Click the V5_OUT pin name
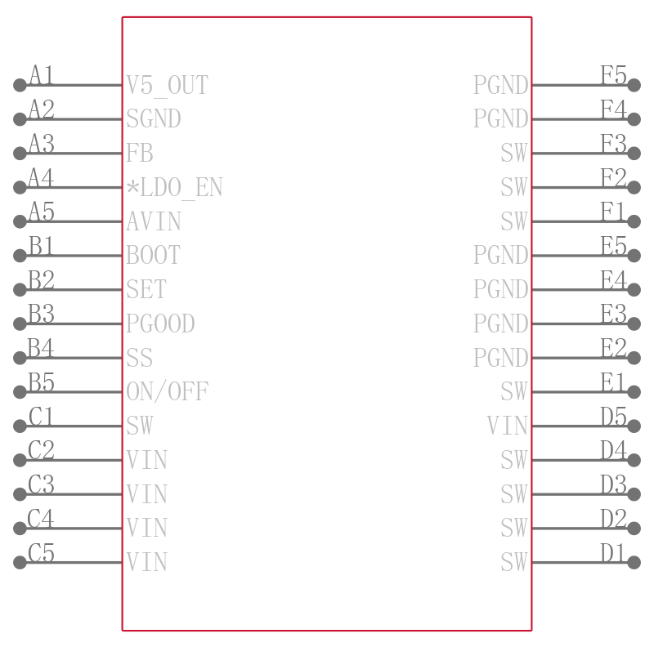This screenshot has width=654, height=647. [167, 86]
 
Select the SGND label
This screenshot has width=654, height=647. [154, 118]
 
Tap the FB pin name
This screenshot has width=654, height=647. [140, 153]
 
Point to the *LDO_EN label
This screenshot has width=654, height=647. [174, 188]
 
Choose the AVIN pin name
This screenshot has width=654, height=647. [154, 221]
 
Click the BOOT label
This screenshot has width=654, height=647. [153, 255]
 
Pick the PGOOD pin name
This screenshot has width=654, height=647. [160, 323]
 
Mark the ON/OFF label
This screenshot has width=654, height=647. [168, 392]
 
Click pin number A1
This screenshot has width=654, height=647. [42, 75]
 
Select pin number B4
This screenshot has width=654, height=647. [41, 348]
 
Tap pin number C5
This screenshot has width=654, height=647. [41, 552]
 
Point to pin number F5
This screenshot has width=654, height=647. [614, 75]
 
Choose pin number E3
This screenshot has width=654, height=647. [614, 314]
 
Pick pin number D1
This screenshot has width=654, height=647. [612, 552]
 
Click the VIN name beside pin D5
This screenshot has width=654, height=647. [507, 426]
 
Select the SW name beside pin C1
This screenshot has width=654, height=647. [140, 426]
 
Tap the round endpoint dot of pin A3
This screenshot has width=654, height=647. [20, 154]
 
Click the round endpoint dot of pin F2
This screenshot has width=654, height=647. [634, 188]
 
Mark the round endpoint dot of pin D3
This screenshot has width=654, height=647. [634, 494]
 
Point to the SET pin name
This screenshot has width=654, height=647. [146, 289]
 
